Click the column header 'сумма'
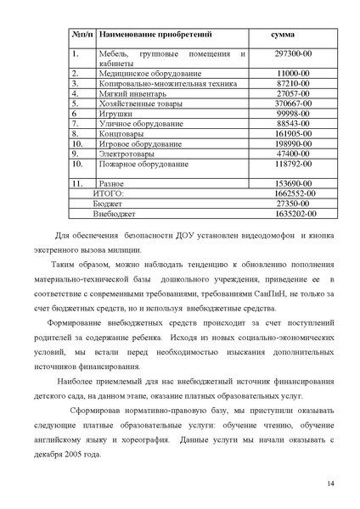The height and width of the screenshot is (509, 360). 282,36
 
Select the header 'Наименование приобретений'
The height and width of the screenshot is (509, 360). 155,36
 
